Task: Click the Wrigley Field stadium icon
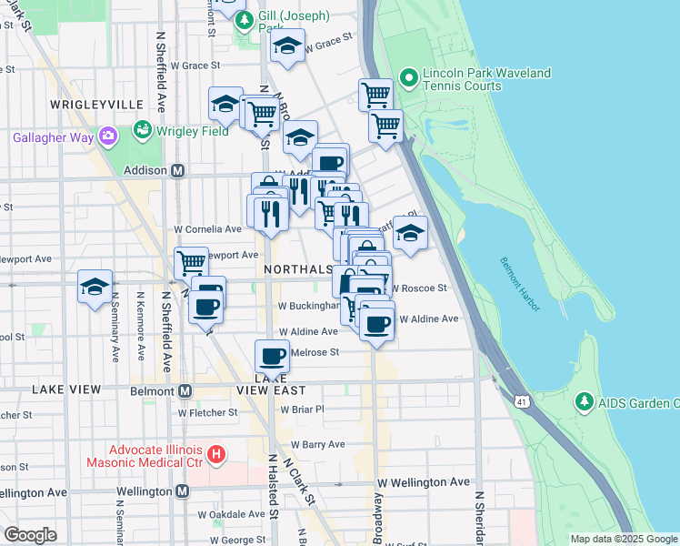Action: (x=141, y=130)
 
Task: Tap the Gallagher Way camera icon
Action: (x=108, y=136)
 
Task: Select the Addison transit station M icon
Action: (x=179, y=170)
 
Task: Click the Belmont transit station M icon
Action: (x=185, y=390)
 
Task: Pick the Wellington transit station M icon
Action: (x=182, y=491)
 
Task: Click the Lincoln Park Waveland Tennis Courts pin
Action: (x=408, y=78)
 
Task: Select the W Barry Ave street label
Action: (x=317, y=444)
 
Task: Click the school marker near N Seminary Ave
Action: (x=95, y=287)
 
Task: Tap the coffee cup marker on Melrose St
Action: (x=271, y=356)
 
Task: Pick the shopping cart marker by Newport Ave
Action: (x=191, y=263)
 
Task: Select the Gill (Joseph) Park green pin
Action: (x=244, y=21)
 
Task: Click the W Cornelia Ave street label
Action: (x=208, y=229)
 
